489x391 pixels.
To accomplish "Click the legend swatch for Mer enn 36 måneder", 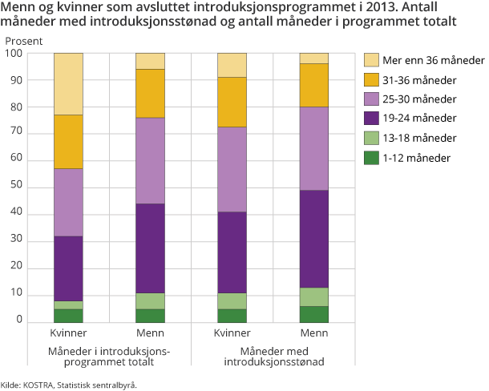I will click(371, 60).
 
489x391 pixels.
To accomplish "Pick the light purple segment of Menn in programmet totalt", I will click(150, 160).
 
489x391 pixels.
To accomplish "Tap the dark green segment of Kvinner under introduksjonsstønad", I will click(232, 315).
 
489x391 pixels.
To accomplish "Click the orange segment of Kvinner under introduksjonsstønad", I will click(232, 102).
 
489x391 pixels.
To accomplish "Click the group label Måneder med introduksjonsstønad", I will click(273, 357).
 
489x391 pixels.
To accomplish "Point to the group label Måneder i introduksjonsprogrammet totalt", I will click(109, 357).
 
